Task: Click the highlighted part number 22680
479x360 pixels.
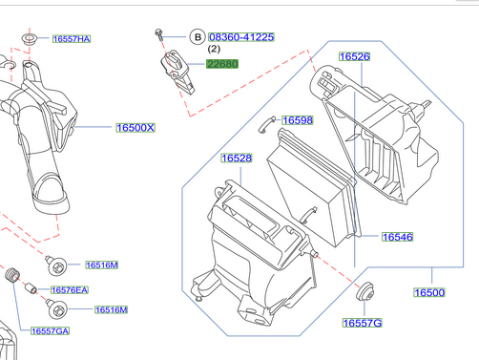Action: click(222, 64)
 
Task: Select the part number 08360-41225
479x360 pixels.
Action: click(241, 37)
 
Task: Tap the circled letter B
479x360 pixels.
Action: click(198, 37)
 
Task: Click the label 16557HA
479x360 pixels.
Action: click(72, 39)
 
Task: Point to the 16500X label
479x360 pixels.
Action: click(135, 128)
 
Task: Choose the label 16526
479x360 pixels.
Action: click(355, 56)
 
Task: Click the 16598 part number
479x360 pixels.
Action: click(298, 120)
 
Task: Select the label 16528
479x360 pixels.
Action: click(237, 158)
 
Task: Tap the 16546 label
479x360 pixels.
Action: click(398, 237)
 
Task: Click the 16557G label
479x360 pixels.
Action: click(363, 323)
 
